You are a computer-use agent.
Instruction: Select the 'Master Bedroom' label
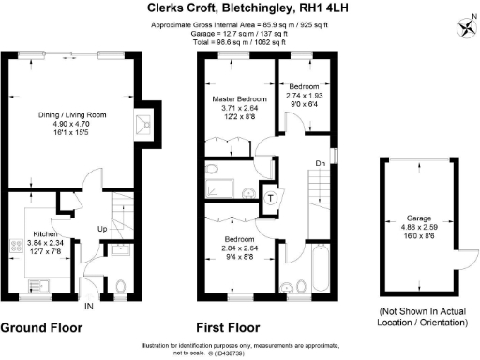(x=238, y=98)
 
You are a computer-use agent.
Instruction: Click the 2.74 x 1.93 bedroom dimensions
(x=304, y=96)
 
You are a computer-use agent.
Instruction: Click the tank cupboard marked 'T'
(x=270, y=198)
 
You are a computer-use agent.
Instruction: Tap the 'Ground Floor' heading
(x=41, y=328)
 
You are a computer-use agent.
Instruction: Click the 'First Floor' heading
(x=226, y=328)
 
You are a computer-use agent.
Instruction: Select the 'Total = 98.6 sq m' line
(x=239, y=43)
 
